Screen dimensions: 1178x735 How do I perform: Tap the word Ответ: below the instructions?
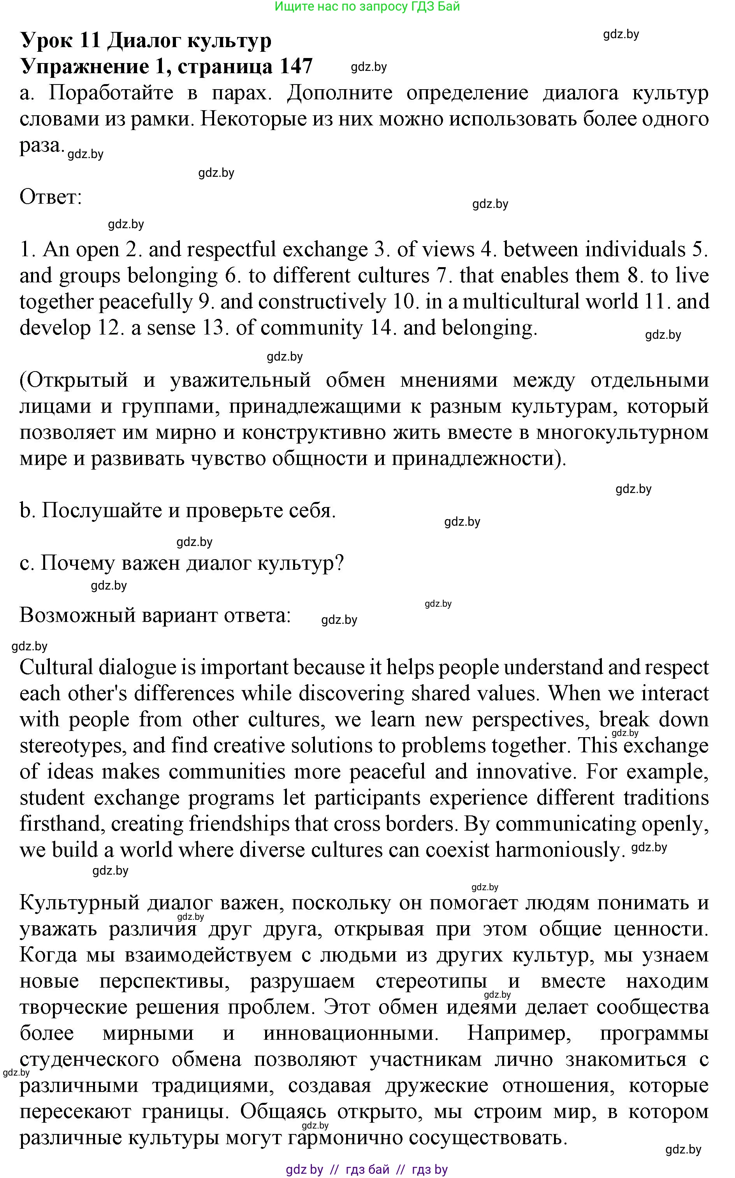point(51,197)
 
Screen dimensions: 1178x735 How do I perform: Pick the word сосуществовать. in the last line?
point(489,1138)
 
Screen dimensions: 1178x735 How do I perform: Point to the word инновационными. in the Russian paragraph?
point(350,1034)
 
